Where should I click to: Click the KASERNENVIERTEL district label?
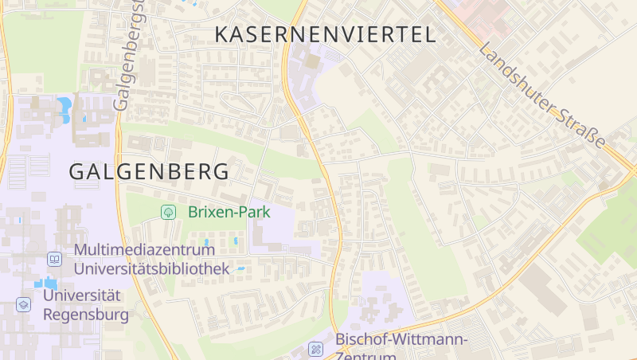tap(326, 34)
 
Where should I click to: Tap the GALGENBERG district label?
tap(149, 171)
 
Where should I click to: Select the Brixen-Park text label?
tap(229, 212)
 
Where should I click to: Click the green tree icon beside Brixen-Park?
tap(168, 212)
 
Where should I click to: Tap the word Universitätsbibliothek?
tap(151, 268)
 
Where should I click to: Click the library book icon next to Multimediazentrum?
tap(54, 259)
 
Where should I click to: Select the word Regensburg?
tap(85, 315)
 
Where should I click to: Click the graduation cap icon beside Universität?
tap(24, 304)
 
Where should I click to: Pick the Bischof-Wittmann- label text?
tap(401, 339)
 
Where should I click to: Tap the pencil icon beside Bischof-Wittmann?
tap(316, 349)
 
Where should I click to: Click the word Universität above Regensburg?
tap(82, 295)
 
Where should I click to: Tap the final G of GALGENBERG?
tap(221, 171)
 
